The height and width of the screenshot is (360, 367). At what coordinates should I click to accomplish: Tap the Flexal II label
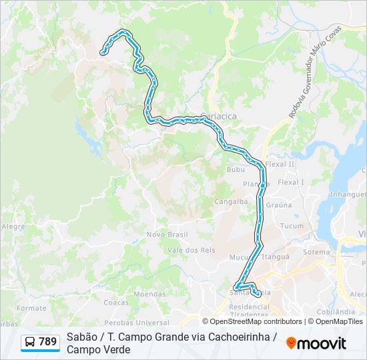point(280,164)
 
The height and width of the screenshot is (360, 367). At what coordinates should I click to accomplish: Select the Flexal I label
point(291,182)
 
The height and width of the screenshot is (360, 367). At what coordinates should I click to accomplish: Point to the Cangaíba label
point(231,201)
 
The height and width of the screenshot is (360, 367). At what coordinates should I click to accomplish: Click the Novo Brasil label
point(167,235)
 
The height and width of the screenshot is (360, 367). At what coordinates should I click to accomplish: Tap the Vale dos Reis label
point(191,250)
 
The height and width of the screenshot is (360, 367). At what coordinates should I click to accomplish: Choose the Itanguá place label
point(276,257)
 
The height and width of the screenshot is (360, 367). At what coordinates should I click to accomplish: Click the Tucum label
point(292,226)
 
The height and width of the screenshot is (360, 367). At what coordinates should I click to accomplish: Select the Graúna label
point(279,205)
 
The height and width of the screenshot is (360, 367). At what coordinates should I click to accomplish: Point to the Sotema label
point(316,252)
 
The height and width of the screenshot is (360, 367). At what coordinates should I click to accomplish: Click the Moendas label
point(149,294)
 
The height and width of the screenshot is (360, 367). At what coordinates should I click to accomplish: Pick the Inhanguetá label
point(348,195)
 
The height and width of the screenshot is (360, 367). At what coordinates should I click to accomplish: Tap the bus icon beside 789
point(30,342)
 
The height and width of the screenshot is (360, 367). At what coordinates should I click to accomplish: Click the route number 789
point(47,342)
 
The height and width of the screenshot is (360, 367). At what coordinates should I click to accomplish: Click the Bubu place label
point(236,170)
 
